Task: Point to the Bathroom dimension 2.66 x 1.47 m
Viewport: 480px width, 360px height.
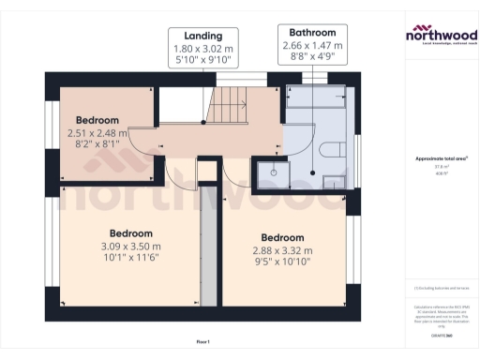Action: point(313,45)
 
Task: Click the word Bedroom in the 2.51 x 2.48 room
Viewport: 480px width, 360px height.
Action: point(97,120)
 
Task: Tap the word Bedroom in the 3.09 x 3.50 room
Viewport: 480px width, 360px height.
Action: point(132,232)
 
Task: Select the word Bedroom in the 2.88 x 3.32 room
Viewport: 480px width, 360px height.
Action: point(282,237)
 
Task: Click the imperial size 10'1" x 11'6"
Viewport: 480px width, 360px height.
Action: point(132,260)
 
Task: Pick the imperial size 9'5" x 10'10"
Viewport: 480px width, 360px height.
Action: point(282,264)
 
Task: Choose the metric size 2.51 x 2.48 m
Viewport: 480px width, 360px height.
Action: point(97,133)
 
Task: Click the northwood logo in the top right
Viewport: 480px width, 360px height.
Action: point(440,36)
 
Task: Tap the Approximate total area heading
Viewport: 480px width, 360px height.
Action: point(440,160)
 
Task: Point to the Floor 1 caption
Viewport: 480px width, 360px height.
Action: point(202,342)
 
